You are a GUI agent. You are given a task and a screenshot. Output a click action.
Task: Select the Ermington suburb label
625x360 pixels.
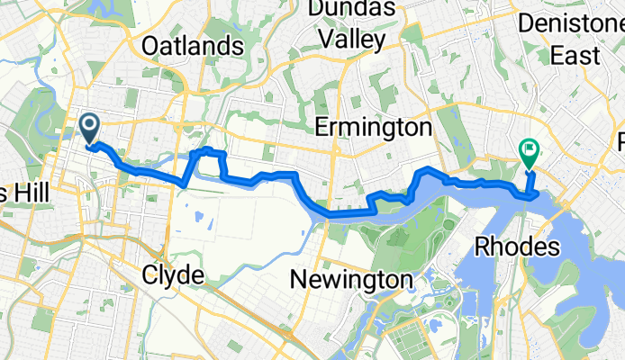tap(376, 129)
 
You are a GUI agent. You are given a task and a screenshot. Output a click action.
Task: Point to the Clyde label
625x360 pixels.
tap(173, 276)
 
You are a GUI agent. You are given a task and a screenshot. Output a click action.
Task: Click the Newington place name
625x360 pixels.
tap(352, 280)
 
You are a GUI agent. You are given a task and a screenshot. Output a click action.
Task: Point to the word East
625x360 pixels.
tap(575, 56)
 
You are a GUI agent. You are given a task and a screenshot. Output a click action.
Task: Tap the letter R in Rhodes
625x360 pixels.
tap(481, 245)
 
